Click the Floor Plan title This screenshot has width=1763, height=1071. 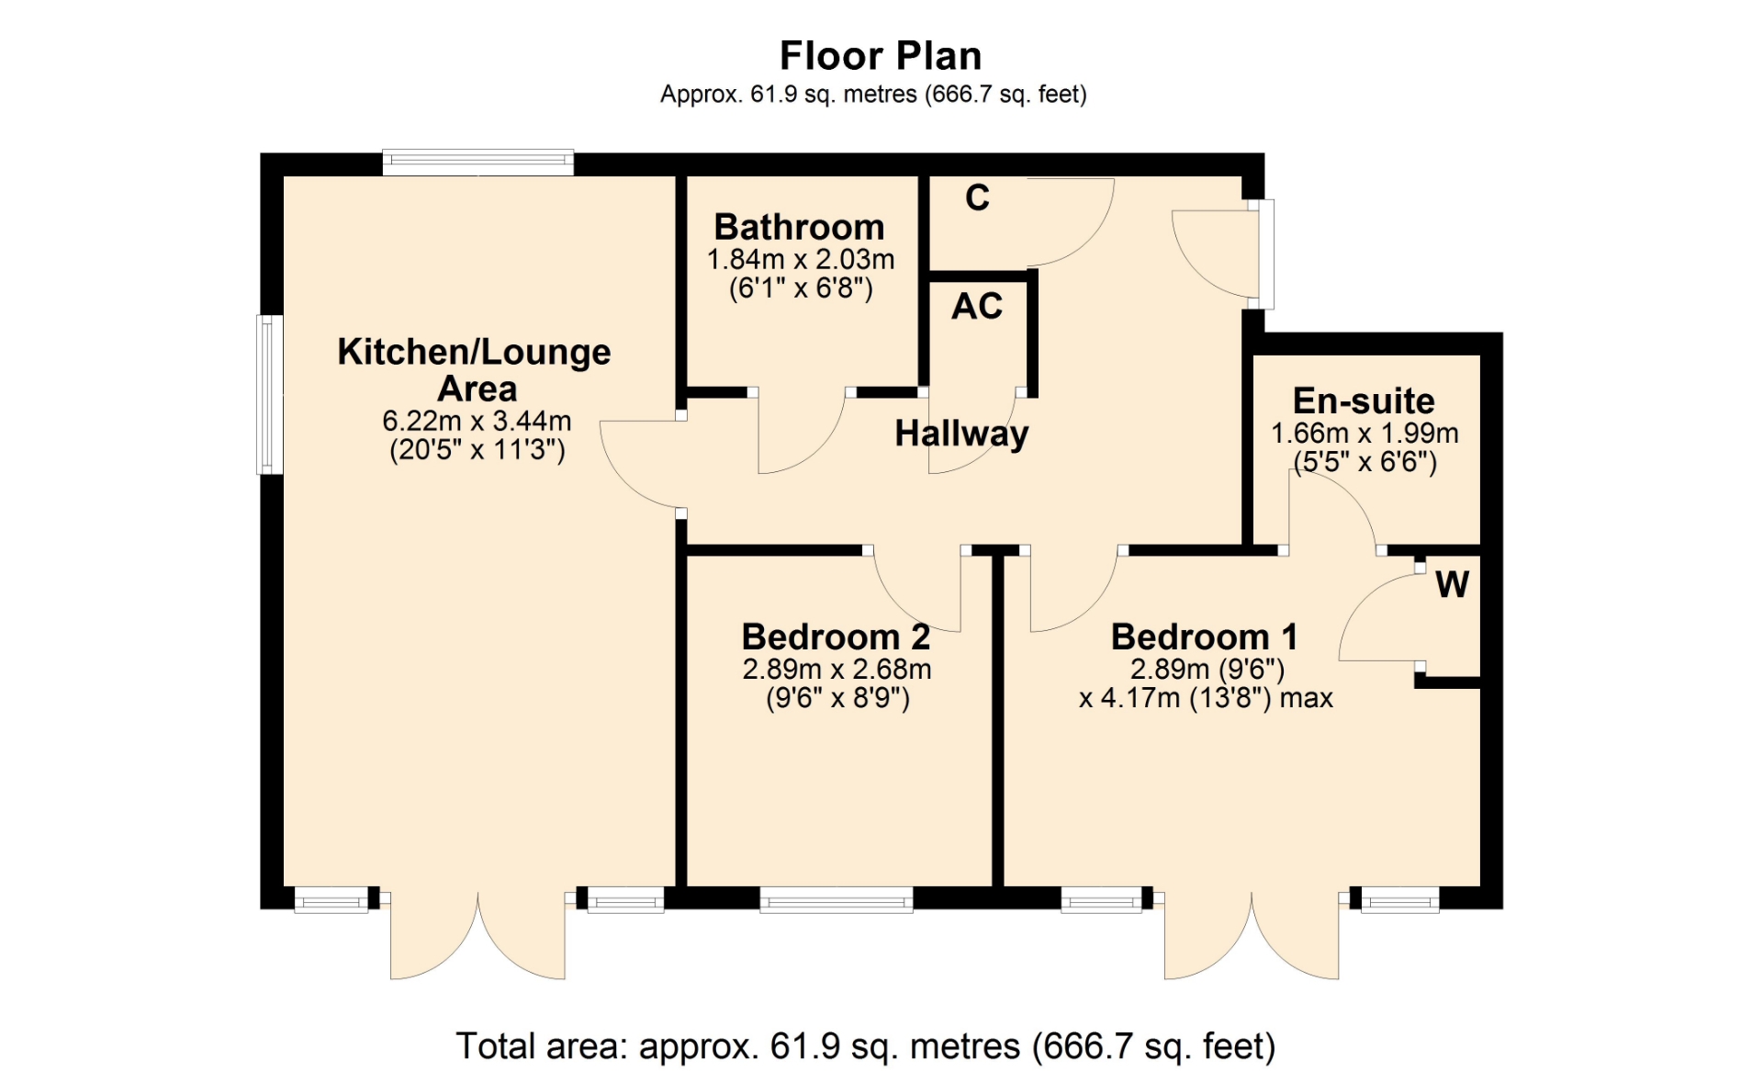click(881, 56)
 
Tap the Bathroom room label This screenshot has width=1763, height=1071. click(799, 227)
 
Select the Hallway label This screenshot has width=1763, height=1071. click(961, 434)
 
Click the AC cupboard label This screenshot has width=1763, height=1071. click(977, 307)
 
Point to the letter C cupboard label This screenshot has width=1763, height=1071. click(978, 197)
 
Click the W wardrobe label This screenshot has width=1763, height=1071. click(1452, 584)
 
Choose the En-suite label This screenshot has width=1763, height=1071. click(1364, 400)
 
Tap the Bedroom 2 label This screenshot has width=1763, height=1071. click(836, 637)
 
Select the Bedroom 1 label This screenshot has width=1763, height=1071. click(1205, 637)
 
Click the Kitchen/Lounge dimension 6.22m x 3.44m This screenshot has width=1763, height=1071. click(477, 422)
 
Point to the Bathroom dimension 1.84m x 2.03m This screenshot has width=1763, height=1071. click(800, 260)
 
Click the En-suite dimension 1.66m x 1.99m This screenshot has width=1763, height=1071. click(1364, 434)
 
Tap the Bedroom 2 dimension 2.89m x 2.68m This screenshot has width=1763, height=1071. click(837, 670)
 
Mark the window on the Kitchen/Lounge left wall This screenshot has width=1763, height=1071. click(269, 395)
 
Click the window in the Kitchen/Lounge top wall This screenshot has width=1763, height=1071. click(478, 163)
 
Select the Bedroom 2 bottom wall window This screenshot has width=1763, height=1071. click(837, 899)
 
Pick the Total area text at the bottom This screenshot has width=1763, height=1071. click(866, 1046)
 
